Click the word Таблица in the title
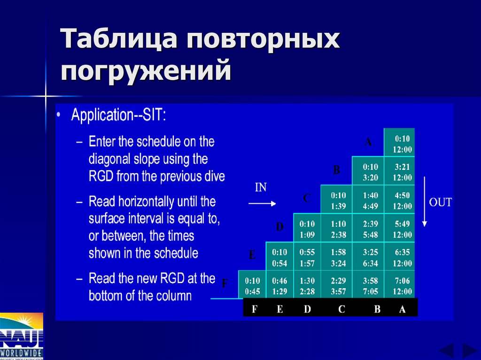click(x=119, y=39)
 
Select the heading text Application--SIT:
click(x=118, y=115)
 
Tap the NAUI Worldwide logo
click(x=22, y=336)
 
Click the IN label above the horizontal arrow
click(x=261, y=188)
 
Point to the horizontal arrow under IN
click(x=262, y=203)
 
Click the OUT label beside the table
click(x=440, y=203)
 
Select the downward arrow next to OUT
click(x=424, y=202)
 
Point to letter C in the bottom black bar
click(x=341, y=309)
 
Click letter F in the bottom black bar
click(x=255, y=309)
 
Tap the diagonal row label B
click(x=336, y=170)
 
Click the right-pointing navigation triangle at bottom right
click(x=469, y=351)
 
